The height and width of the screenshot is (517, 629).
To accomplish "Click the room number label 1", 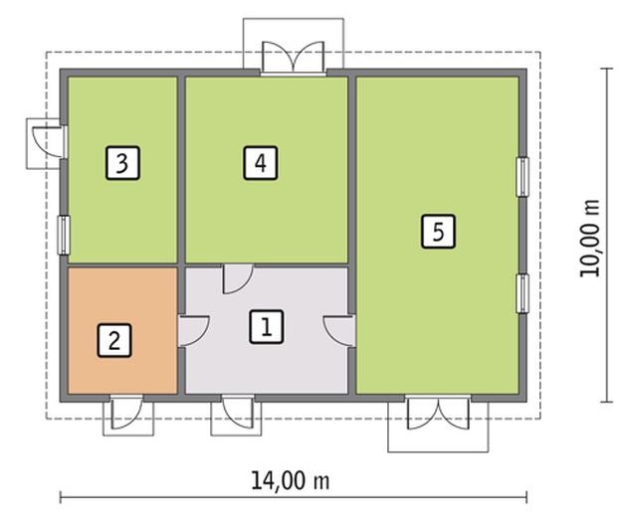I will click(x=264, y=326).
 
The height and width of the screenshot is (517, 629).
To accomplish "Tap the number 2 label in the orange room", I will click(x=113, y=341).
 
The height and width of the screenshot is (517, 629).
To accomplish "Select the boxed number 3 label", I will click(x=120, y=162).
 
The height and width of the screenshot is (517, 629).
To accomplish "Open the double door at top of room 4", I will click(x=294, y=58).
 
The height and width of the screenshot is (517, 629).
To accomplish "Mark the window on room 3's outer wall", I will click(x=63, y=235).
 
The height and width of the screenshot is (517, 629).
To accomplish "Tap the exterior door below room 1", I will click(x=237, y=413).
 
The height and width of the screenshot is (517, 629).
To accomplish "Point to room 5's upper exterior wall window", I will click(x=521, y=176).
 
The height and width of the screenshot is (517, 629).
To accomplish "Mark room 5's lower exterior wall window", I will click(x=521, y=293).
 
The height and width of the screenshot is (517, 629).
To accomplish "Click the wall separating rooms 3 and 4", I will click(x=182, y=169).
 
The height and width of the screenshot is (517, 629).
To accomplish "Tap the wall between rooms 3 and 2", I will click(x=121, y=265).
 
